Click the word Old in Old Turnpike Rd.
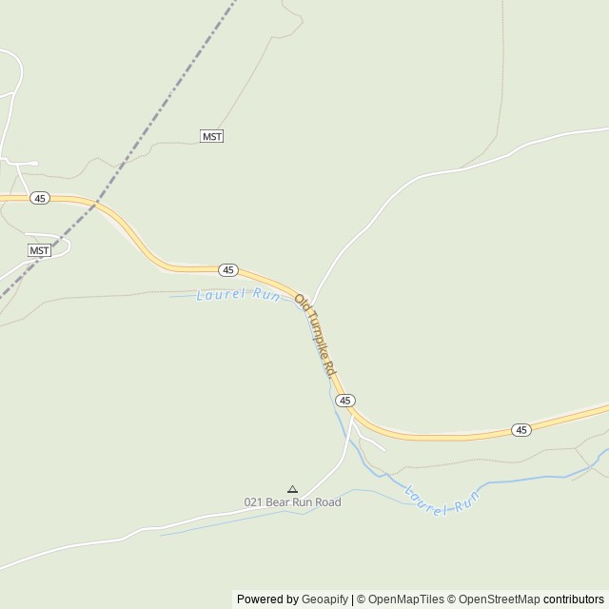pos(302,304)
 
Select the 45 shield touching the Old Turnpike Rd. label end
pos(345,401)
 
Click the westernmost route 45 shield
pos(39,198)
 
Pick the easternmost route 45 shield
pos(521,430)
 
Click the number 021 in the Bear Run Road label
pos(253,502)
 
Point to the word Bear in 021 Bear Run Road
pos(277,502)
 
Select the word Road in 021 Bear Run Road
pos(326,502)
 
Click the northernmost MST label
pos(212,137)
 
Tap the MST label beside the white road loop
pos(39,250)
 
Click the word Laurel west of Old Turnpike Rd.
pos(214,295)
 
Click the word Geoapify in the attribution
pos(324,599)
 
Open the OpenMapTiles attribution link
pos(405,599)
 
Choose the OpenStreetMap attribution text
pos(499,599)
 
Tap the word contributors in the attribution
pos(574,599)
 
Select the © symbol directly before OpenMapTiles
pos(361,599)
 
